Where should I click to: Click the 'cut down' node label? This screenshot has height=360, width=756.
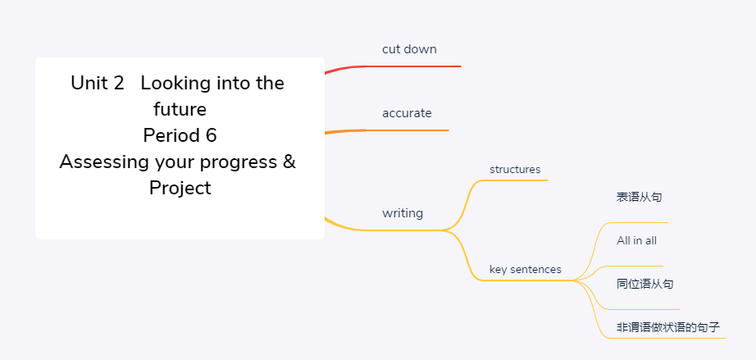[x=409, y=49]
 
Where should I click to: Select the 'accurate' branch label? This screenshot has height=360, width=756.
[x=407, y=113]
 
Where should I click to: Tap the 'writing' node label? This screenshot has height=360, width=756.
[x=403, y=213]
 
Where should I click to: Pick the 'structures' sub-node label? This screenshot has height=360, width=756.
[x=515, y=170]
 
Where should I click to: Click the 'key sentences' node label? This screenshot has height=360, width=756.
[x=526, y=270]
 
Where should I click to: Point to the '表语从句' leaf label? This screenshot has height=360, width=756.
[x=640, y=197]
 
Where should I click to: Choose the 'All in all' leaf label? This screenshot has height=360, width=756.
[x=636, y=240]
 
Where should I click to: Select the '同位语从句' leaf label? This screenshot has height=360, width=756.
[x=645, y=284]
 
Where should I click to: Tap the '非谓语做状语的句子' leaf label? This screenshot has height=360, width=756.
[x=668, y=328]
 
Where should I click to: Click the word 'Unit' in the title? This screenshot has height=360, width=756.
[x=89, y=83]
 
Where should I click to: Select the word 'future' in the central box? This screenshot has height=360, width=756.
[x=180, y=109]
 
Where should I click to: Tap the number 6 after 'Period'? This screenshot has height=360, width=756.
[x=212, y=135]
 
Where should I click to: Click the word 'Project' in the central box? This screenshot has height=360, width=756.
[x=180, y=188]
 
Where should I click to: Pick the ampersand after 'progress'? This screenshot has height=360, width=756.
[x=289, y=162]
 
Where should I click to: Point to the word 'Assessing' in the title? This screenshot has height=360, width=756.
[x=104, y=162]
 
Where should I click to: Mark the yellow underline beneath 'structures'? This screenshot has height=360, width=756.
[x=515, y=180]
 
